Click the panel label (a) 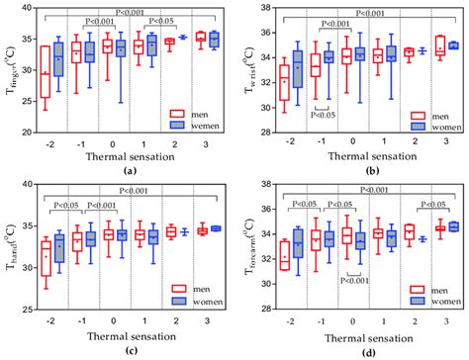coord(129,169)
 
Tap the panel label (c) coord(129,351)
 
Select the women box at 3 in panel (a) coord(216,39)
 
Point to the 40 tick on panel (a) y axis coord(24,9)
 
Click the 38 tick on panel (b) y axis coord(262,9)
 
